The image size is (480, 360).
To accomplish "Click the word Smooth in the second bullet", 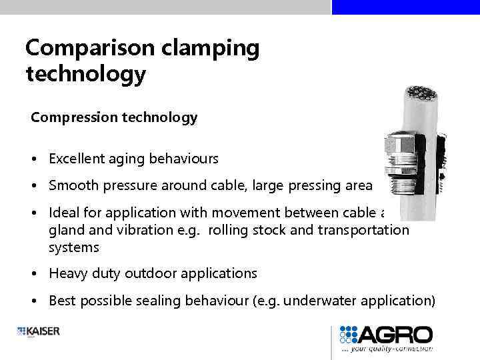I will click(x=72, y=186).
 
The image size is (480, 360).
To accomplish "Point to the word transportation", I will click(x=364, y=230).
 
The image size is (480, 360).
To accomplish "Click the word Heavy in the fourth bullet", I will click(x=67, y=273).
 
